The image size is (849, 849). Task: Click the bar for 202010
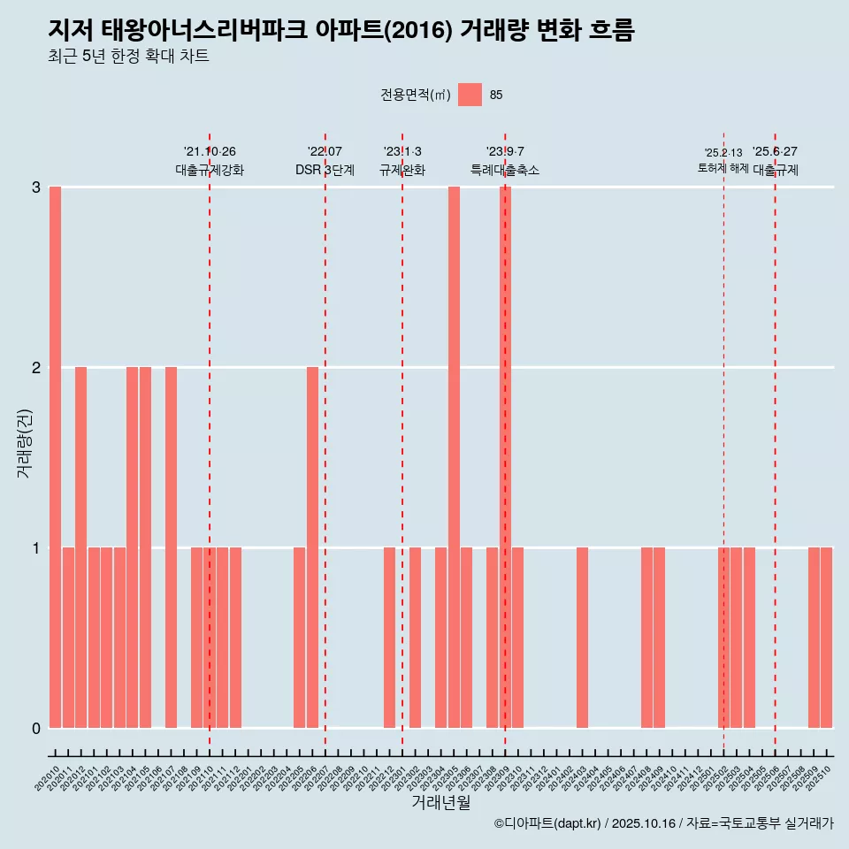coord(55,457)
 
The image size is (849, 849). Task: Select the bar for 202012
coord(80,547)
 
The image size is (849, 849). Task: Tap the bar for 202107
coord(171,547)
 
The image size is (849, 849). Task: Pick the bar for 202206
coord(312,547)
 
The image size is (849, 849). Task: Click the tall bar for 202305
coord(454,457)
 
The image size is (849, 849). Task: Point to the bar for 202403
coord(582,638)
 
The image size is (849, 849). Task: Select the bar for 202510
coord(826,638)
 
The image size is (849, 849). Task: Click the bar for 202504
coord(749,638)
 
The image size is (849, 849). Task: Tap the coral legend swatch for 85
coord(470,95)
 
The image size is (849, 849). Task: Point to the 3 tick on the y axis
coord(36,187)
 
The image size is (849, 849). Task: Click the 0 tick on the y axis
coord(36,728)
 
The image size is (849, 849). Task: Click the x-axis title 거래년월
coord(440,802)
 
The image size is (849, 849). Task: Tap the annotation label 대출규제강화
coord(210,170)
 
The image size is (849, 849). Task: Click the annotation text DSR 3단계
coord(325,170)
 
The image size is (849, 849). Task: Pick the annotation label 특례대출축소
coord(504,170)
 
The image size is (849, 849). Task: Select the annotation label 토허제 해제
coord(723,168)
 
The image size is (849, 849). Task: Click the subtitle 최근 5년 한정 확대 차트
coord(128,57)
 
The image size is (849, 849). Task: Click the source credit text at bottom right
coord(663,823)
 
